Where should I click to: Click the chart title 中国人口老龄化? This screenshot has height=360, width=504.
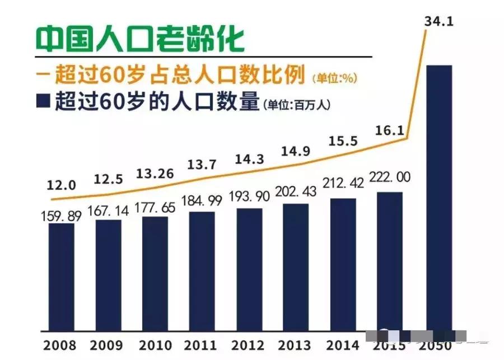pyautogui.click(x=140, y=39)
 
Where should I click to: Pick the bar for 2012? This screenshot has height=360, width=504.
pyautogui.click(x=249, y=269)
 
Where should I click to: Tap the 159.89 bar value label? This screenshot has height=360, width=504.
pyautogui.click(x=61, y=216)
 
